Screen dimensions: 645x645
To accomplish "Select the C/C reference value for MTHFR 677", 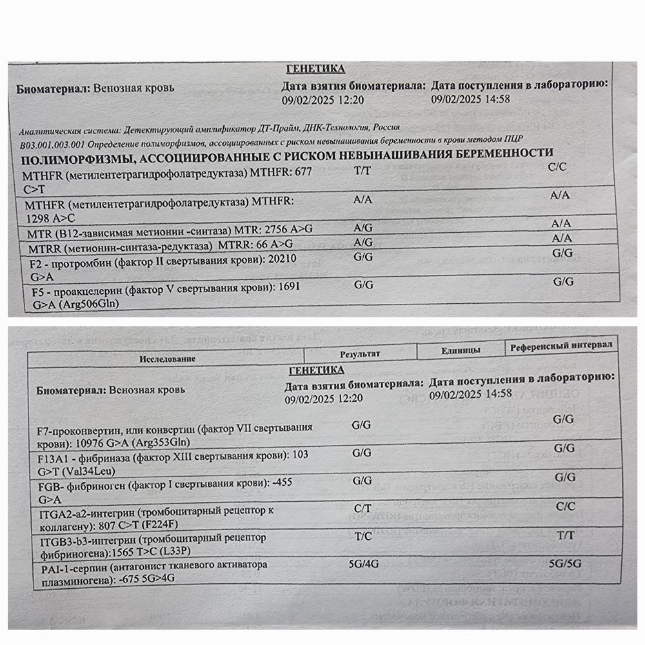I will (x=556, y=167).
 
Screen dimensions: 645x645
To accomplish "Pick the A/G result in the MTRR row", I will (x=364, y=242).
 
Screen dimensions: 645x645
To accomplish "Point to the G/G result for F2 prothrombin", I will (x=364, y=257).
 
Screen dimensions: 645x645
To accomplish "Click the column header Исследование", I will (x=166, y=358).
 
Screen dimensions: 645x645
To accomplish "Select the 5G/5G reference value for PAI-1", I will (x=565, y=562).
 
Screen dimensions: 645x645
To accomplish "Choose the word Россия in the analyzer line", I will (x=385, y=128).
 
